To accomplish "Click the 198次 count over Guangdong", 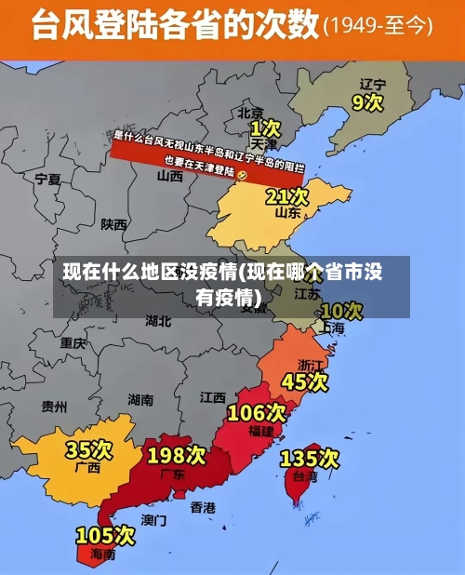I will (177, 455).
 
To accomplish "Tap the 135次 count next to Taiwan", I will (310, 458).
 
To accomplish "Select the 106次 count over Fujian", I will (257, 412).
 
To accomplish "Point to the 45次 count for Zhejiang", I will (305, 381).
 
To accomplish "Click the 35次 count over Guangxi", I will (88, 450).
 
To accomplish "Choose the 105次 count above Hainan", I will (105, 536).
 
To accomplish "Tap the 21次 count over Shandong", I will (286, 196).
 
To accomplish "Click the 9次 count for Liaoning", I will (367, 101).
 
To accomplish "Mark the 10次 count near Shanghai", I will (340, 310).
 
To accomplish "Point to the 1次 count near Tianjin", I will (264, 127).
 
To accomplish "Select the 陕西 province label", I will (114, 224).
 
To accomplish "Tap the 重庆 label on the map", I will (73, 342).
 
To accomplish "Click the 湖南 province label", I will (140, 400).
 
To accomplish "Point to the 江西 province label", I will (212, 397).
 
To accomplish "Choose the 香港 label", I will (203, 508).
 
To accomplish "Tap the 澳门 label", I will (153, 520).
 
